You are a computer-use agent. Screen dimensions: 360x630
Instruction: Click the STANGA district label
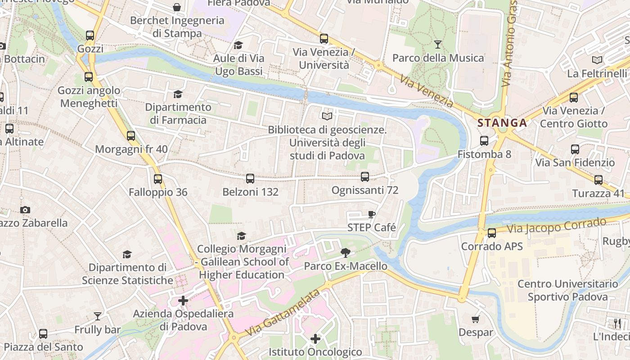coord(502,123)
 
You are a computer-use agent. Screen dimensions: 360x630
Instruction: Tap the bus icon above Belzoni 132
coord(250,179)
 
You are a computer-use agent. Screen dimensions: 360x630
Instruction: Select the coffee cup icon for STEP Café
coord(371,214)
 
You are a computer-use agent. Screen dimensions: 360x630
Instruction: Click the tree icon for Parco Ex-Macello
coord(346,252)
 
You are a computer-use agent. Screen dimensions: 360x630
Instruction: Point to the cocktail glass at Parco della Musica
coord(437,44)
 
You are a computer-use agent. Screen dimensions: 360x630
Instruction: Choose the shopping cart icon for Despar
coord(476,319)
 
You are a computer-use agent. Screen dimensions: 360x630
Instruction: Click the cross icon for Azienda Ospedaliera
coord(183,300)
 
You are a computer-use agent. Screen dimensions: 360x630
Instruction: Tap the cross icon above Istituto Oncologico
coord(315,338)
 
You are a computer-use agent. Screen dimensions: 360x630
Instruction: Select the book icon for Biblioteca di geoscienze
coord(327,116)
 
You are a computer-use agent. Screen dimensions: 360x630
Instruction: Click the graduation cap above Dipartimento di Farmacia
coord(178,94)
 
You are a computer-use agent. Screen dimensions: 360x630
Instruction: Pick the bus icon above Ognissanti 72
coord(365,177)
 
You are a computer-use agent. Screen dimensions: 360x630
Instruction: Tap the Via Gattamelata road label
coord(283,313)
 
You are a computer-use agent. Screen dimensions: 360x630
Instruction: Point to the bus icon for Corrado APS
coord(492,233)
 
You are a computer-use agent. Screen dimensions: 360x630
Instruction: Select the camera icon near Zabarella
coord(25,210)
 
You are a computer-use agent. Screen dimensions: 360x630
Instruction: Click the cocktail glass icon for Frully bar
coord(98,316)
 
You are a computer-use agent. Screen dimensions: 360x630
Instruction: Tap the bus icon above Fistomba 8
coord(484,141)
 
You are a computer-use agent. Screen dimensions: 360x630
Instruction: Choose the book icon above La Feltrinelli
coord(597,60)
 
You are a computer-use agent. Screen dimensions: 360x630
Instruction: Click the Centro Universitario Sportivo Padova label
coord(567,290)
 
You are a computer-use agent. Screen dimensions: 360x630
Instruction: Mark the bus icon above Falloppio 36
coord(158,179)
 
